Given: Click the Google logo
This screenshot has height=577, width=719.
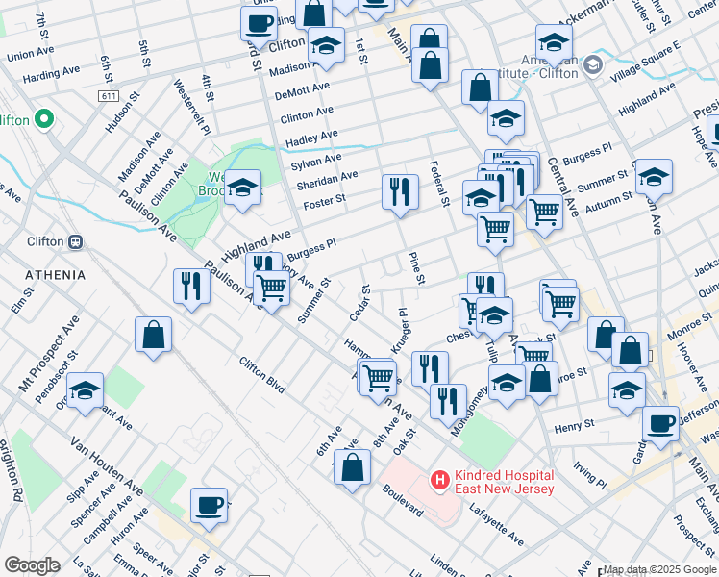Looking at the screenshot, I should [31, 565].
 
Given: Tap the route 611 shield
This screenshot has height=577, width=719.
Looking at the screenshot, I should [108, 97].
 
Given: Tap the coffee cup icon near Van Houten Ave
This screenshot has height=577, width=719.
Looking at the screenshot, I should [209, 504].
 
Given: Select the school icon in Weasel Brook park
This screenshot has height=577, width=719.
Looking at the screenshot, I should [243, 188].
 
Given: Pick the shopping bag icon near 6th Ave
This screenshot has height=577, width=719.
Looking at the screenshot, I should [353, 467].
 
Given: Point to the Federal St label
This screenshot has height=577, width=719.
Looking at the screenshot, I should [439, 184].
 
